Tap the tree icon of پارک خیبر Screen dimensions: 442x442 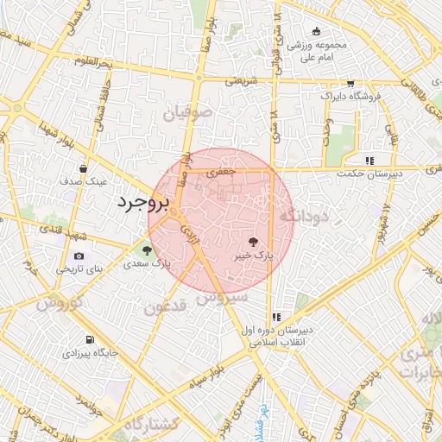(x=253, y=243)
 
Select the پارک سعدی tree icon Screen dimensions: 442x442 (x=147, y=251)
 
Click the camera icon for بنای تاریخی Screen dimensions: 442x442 (x=79, y=256)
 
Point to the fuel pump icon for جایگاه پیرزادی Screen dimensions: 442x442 (x=90, y=339)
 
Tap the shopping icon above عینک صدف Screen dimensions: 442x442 (x=83, y=168)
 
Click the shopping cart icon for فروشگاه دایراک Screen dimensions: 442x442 (x=350, y=84)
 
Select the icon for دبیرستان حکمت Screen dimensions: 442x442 (x=370, y=160)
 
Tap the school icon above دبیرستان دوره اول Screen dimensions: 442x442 (x=276, y=317)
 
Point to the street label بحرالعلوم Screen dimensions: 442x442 (x=93, y=63)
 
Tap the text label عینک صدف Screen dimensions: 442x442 (x=84, y=182)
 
